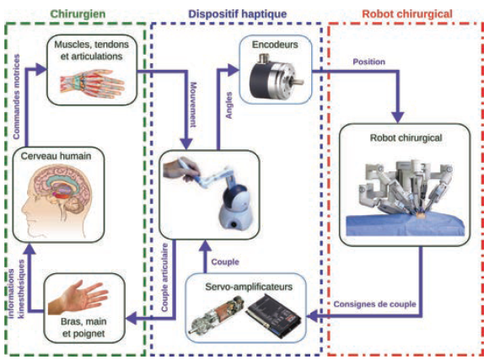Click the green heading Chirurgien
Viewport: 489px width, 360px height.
tap(78, 14)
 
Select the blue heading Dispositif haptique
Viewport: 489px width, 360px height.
tap(238, 14)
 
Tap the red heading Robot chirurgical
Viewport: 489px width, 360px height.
tap(407, 14)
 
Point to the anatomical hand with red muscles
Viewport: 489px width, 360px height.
tap(92, 83)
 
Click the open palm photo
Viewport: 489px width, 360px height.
tap(78, 298)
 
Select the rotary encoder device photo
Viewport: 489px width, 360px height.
tap(276, 76)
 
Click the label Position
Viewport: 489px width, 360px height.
tap(369, 62)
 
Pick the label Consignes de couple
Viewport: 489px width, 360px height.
tap(374, 304)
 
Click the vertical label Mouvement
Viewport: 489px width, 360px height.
tap(193, 105)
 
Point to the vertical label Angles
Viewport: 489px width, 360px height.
tap(229, 105)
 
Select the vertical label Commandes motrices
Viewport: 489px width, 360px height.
tap(16, 97)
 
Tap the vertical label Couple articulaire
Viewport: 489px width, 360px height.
tap(165, 277)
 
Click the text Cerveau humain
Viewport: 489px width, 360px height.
tap(56, 156)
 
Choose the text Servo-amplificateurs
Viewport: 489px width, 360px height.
tap(249, 287)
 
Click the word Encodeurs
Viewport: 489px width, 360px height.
tap(275, 45)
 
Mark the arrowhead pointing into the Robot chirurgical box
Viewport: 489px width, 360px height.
tap(398, 117)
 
